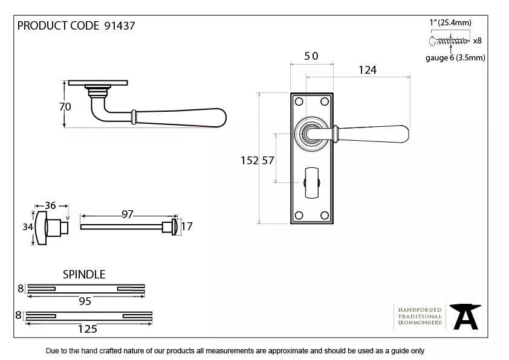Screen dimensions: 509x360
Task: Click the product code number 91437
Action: pos(120,26)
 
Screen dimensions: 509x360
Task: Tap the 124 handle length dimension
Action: pos(368,70)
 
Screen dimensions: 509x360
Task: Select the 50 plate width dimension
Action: pos(311,56)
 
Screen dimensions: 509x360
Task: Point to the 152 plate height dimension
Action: pos(249,161)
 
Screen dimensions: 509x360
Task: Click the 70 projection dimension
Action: pos(65,107)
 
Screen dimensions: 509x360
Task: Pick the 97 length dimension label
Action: pos(127,214)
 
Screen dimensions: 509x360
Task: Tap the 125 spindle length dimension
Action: pos(88,329)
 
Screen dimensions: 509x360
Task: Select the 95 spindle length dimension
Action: pos(85,301)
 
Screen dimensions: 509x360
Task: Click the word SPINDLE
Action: pos(84,275)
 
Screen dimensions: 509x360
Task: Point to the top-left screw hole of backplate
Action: pos(299,102)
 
